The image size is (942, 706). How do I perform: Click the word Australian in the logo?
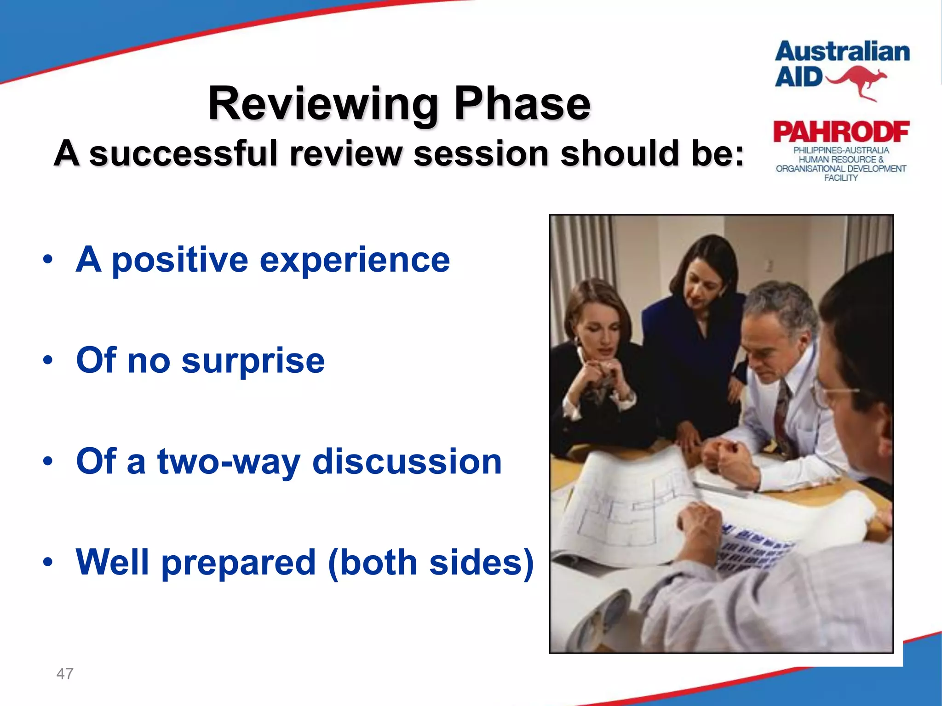pyautogui.click(x=842, y=51)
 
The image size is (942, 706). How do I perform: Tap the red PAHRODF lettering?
pyautogui.click(x=841, y=132)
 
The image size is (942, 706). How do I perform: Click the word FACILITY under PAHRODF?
pyautogui.click(x=841, y=178)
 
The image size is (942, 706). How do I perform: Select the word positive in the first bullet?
pyautogui.click(x=180, y=260)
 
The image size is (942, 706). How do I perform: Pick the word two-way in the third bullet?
pyautogui.click(x=229, y=461)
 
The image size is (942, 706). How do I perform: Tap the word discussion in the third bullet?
pyautogui.click(x=407, y=461)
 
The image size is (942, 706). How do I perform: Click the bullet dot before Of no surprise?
pyautogui.click(x=48, y=360)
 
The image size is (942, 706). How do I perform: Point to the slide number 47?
pyautogui.click(x=64, y=674)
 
